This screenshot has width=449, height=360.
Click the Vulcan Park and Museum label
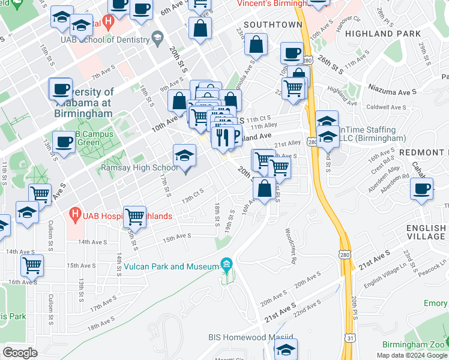click(169, 266)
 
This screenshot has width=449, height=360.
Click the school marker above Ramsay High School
click(185, 157)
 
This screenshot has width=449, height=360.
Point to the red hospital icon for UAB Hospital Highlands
click(75, 214)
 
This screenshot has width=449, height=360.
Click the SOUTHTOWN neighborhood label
click(273, 25)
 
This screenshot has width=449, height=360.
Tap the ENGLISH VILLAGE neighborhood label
click(426, 232)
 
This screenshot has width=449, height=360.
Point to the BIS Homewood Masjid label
click(251, 338)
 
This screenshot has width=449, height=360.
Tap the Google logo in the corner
click(20, 353)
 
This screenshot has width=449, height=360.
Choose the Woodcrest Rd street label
click(291, 246)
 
